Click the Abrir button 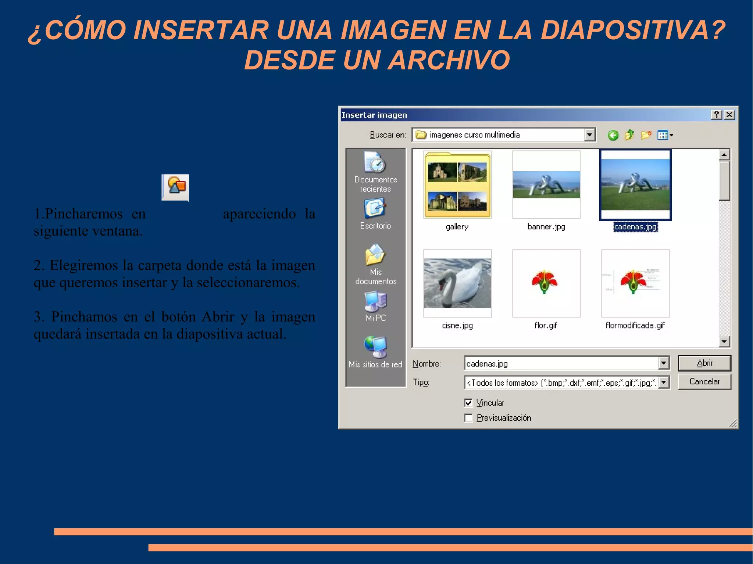point(704,363)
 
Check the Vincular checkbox point(468,403)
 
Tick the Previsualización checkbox point(468,418)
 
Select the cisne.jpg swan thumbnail point(457,283)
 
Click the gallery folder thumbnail point(457,185)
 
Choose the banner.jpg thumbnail point(546,184)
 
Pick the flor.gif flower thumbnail point(546,283)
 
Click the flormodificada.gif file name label point(635,326)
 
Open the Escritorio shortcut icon point(375,208)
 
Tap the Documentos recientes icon point(375,162)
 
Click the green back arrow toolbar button point(613,135)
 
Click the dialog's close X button point(729,115)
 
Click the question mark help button point(716,115)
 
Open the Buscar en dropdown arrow point(589,135)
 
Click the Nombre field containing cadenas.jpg point(561,363)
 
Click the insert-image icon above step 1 point(175,187)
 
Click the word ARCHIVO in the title point(449,60)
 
